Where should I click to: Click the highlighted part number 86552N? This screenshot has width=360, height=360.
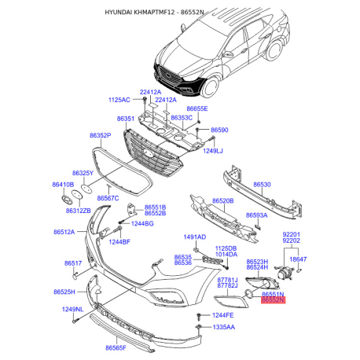[x=273, y=300]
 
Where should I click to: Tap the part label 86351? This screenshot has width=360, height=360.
[x=126, y=119]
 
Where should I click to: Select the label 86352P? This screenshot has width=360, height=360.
[x=101, y=135]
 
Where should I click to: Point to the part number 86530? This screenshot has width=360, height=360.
[x=262, y=185]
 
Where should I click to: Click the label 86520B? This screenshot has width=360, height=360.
[x=223, y=201]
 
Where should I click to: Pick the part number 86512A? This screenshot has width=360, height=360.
[x=64, y=232]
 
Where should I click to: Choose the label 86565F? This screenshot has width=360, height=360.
[x=116, y=347]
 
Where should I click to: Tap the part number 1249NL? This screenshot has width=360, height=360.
[x=72, y=310]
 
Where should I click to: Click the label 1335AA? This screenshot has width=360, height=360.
[x=224, y=327]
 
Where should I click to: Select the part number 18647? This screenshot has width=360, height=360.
[x=298, y=259]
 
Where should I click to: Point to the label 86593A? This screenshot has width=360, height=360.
[x=257, y=215]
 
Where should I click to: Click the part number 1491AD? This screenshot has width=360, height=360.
[x=195, y=237]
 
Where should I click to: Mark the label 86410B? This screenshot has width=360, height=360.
[x=63, y=185]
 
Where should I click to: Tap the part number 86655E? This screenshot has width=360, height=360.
[x=197, y=108]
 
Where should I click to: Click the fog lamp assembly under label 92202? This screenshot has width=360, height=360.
[x=285, y=274]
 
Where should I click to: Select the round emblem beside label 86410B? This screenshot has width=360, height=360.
[x=67, y=200]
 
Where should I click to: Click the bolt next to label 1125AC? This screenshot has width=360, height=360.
[x=145, y=99]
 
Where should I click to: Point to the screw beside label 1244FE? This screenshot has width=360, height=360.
[x=200, y=316]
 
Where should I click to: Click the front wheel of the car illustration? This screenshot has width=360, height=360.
[x=211, y=86]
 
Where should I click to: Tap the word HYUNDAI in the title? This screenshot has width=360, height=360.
[x=119, y=12]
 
